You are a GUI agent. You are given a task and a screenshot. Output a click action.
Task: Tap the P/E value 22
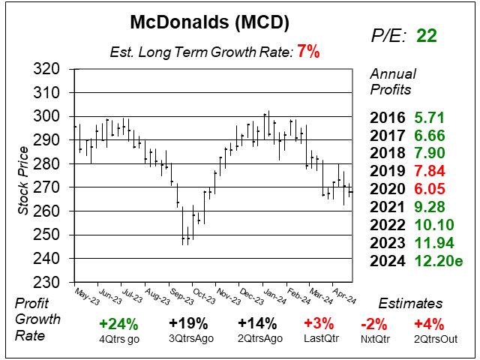click(x=427, y=36)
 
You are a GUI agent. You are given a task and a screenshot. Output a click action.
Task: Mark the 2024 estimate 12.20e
click(x=439, y=260)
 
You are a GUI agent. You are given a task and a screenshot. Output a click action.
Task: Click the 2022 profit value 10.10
click(x=434, y=224)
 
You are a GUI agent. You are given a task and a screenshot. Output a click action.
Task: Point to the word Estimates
click(x=410, y=304)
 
